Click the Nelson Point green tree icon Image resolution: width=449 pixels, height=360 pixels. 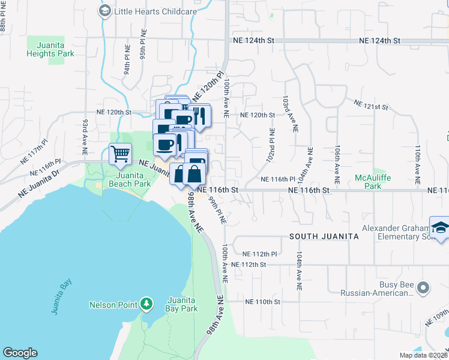(x=146, y=304)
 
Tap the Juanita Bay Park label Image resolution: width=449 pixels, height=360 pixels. (x=182, y=304)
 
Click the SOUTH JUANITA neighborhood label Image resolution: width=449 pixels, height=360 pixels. (x=324, y=236)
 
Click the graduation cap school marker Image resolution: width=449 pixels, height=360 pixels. (x=440, y=229)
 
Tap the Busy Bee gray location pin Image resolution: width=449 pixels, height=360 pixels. (x=424, y=289)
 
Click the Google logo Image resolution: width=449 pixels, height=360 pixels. (x=19, y=353)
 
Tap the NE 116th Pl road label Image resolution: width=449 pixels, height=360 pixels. (x=277, y=179)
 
